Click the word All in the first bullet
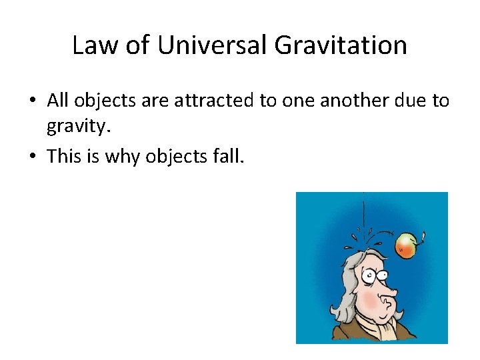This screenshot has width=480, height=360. [59, 101]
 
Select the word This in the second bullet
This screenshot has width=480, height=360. [64, 155]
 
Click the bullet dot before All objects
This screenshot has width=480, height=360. [32, 101]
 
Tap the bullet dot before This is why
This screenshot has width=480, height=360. [32, 156]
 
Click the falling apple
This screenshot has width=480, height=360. [406, 245]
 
